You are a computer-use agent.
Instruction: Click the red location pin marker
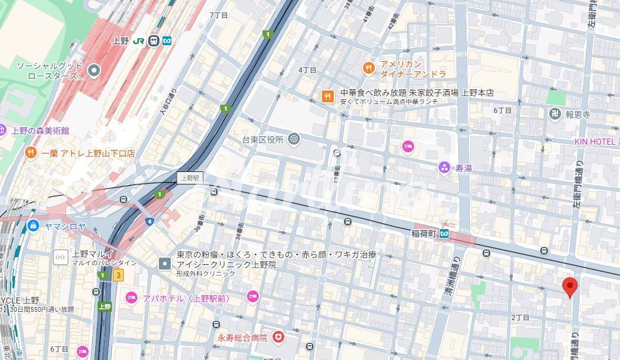coord(570,287)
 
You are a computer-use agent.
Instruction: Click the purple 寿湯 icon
coord(444,168)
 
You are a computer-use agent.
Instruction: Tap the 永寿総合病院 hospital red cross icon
coord(278,337)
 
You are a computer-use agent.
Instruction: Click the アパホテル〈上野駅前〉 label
coord(186,298)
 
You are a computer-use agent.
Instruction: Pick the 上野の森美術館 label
coord(40,130)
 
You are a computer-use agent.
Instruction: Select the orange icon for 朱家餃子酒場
coord(327,95)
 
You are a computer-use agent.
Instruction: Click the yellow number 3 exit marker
coord(119,275)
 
